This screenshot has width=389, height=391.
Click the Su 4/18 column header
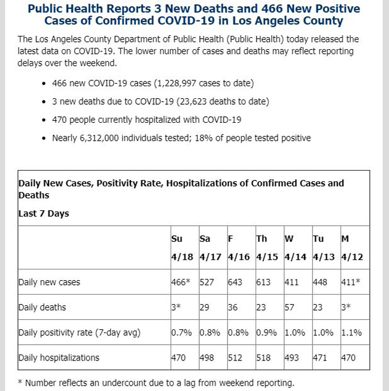182,248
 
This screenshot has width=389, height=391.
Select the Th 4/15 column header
267,248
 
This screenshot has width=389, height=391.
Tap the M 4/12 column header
352,248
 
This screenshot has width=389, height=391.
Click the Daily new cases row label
49,282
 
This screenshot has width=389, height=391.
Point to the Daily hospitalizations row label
59,357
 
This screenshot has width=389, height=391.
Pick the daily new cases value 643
235,282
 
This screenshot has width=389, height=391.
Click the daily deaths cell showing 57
289,307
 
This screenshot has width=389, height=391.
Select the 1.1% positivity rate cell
351,332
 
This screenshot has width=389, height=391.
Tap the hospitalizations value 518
263,357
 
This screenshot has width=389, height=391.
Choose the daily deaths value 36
233,307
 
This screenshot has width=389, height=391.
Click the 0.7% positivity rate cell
181,332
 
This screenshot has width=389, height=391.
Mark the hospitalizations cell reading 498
206,357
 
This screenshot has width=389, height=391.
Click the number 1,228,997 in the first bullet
177,83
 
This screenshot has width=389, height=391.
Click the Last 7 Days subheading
44,213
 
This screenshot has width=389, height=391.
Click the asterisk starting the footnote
20,382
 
